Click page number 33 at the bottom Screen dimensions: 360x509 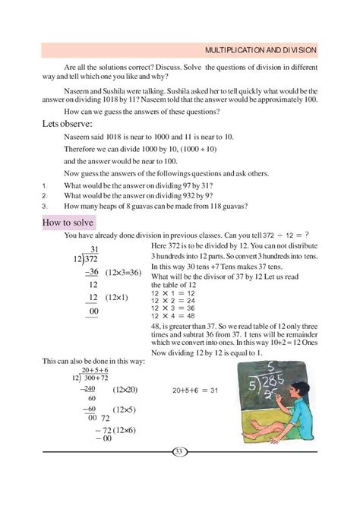pos(180,453)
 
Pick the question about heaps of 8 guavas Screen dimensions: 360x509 pos(159,205)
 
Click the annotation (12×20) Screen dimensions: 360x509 pos(125,389)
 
